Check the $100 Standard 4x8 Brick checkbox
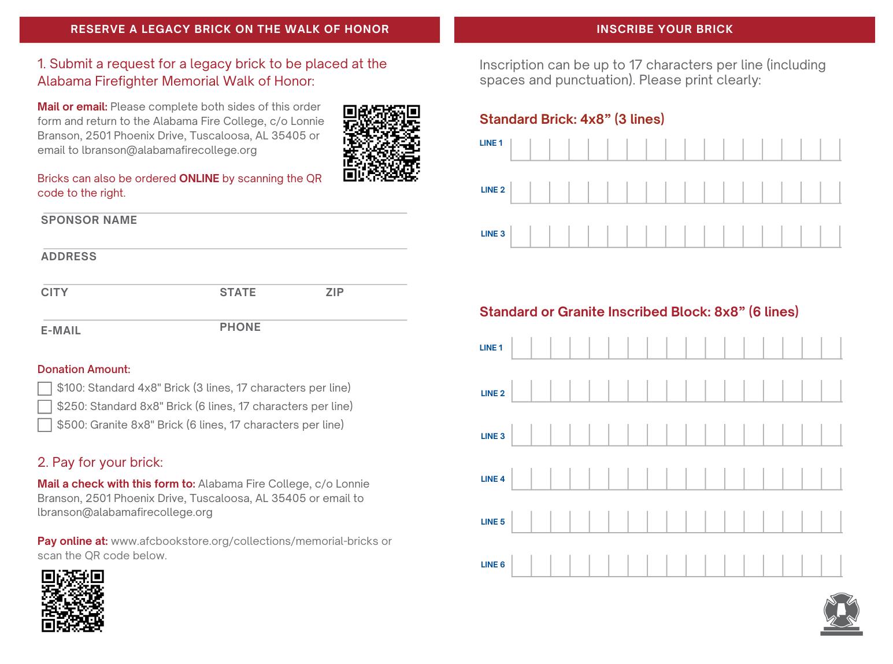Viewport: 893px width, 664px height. click(45, 388)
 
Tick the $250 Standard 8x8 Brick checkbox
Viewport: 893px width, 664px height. click(45, 407)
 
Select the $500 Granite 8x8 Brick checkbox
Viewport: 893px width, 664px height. click(45, 425)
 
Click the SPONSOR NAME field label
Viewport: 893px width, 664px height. click(89, 220)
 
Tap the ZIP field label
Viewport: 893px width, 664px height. click(335, 293)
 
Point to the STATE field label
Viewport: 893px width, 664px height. click(238, 293)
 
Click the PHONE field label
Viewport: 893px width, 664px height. click(240, 327)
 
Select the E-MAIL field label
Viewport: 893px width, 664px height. click(61, 331)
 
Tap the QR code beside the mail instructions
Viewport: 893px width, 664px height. click(381, 143)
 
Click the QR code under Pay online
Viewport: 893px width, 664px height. click(73, 601)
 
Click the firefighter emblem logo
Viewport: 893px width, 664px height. click(842, 613)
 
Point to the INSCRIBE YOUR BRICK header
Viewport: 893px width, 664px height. click(665, 29)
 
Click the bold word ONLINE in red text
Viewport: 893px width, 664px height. click(199, 179)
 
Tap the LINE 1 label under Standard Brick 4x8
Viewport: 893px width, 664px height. click(491, 143)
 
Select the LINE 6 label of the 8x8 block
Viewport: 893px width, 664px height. click(492, 565)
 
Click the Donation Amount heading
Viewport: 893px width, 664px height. click(84, 370)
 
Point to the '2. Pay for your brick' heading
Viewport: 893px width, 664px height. click(100, 463)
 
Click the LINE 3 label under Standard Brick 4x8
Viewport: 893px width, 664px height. click(492, 234)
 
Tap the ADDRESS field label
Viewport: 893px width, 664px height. click(69, 257)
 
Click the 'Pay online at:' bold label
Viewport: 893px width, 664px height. click(73, 541)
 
